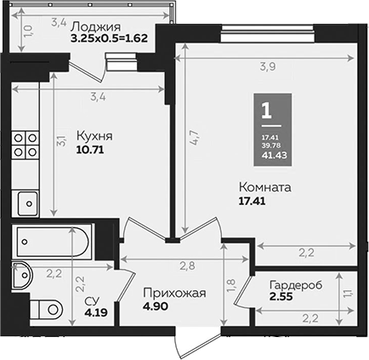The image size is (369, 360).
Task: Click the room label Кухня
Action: pyautogui.click(x=94, y=134)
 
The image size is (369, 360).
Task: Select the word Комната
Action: pyautogui.click(x=265, y=187)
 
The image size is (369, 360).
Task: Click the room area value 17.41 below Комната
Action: pyautogui.click(x=254, y=203)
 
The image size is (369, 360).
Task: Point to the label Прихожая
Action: pyautogui.click(x=173, y=294)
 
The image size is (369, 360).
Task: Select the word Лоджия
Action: pyautogui.click(x=95, y=25)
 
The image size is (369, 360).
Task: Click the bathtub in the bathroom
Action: pyautogui.click(x=51, y=242)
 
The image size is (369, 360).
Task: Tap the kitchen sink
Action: pyautogui.click(x=28, y=203)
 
